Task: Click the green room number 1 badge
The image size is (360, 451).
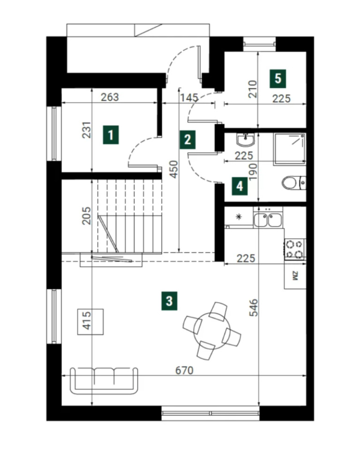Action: (111, 134)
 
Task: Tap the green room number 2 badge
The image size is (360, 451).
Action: (187, 140)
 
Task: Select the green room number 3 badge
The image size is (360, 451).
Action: (169, 301)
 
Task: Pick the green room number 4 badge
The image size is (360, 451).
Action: (240, 186)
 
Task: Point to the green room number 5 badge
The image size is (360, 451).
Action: (278, 79)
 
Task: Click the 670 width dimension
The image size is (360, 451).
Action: (184, 370)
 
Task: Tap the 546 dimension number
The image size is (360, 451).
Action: (254, 308)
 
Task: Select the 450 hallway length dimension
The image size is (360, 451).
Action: (174, 169)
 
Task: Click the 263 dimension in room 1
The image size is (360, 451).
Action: (110, 97)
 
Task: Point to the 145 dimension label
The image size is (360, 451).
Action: (189, 98)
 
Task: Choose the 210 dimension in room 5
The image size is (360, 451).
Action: (252, 89)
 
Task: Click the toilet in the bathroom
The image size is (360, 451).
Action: (294, 183)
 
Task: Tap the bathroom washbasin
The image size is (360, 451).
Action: (245, 140)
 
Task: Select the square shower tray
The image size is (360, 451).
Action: (289, 149)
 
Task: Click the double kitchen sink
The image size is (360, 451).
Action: (268, 220)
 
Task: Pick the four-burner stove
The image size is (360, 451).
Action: (295, 249)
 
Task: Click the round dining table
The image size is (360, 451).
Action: (212, 331)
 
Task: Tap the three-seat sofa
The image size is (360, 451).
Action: (104, 381)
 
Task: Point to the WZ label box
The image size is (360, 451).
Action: (295, 275)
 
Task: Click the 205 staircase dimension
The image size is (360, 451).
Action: (86, 216)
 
